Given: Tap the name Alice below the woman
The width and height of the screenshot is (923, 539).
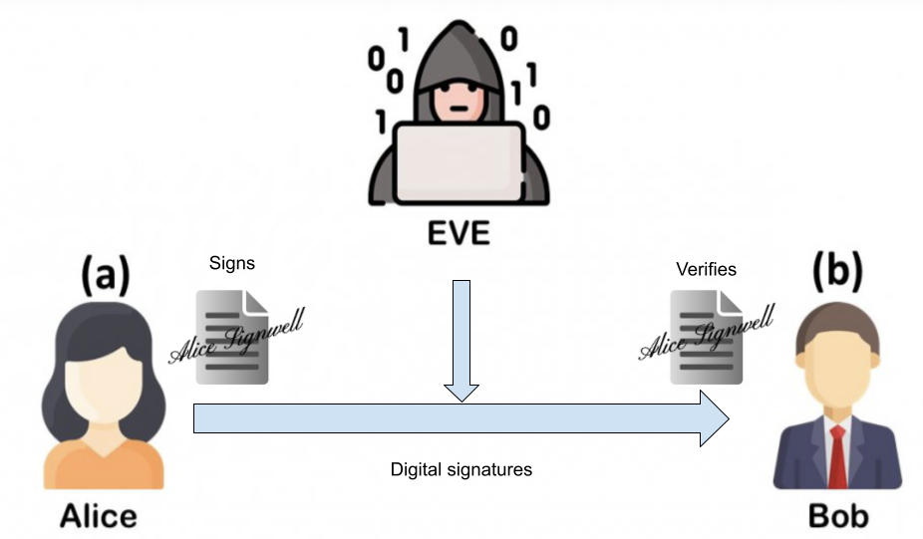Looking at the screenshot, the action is [99, 515].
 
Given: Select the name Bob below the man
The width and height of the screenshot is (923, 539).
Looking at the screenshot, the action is [838, 516].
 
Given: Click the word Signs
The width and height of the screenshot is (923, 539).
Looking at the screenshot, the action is [231, 264].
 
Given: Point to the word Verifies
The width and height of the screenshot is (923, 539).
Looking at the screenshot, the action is [706, 268].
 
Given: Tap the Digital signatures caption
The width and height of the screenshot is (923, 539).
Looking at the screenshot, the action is [461, 469].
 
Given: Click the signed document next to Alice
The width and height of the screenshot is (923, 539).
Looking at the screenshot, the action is [232, 337].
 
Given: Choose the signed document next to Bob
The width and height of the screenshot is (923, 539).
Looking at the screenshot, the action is [705, 338].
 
